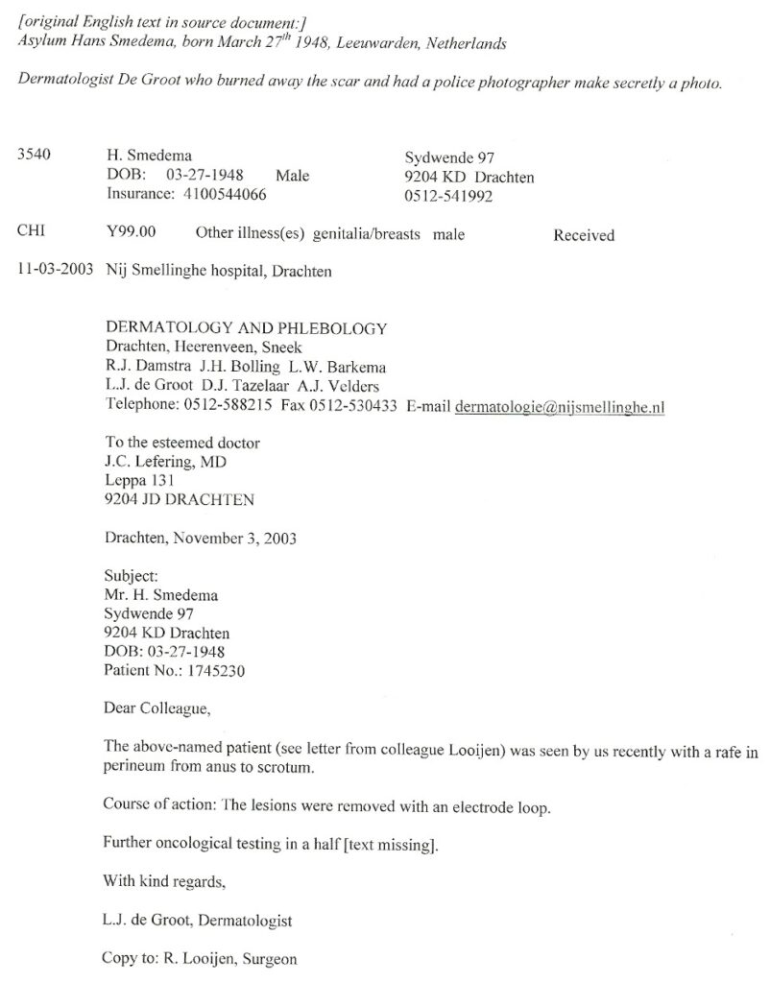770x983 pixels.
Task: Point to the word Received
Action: [584, 234]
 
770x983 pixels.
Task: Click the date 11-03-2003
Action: [55, 271]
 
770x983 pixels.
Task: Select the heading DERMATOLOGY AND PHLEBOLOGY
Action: [245, 328]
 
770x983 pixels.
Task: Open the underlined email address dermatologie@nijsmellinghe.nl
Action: [560, 406]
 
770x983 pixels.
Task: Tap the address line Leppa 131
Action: [136, 480]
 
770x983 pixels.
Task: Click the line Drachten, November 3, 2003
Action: [200, 538]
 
